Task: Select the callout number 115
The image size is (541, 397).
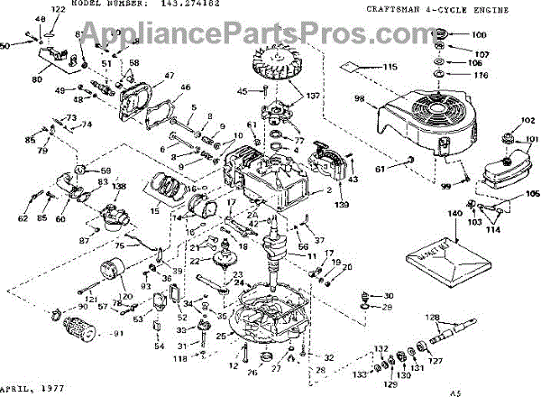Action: (390, 69)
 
